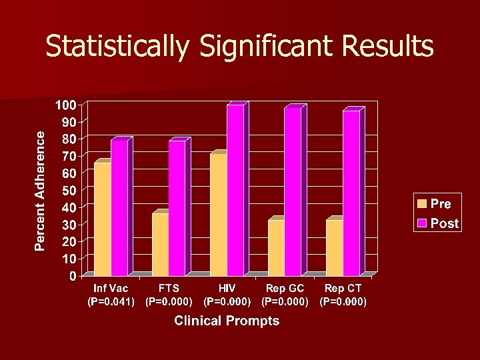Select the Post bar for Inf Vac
pos(119,208)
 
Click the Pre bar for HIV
pos(218,214)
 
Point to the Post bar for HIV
pos(235,191)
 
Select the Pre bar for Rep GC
pos(276,247)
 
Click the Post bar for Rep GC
pos(293,191)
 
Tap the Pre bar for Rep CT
pos(334,247)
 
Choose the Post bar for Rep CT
pos(351,193)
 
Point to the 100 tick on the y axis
pos(65,105)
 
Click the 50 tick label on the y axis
pos(69,190)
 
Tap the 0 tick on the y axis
pos(73,275)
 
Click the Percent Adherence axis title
pos(41,190)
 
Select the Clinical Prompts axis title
pos(227,321)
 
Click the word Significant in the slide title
pos(251,47)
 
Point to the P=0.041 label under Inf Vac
pos(111,301)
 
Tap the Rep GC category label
pos(285,289)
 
